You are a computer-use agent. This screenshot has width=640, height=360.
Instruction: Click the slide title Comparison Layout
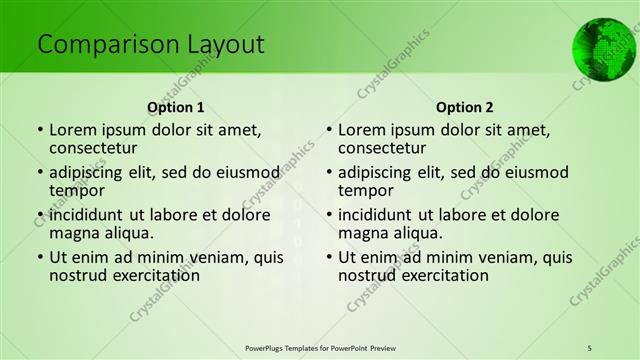[151, 45]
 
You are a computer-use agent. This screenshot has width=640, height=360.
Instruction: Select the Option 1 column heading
[176, 106]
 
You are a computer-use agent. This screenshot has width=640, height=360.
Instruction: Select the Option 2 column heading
[465, 106]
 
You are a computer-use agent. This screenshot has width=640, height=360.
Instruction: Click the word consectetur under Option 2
[387, 149]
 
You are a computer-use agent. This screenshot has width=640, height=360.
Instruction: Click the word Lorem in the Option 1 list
[72, 129]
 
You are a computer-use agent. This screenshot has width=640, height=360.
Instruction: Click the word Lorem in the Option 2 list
[361, 129]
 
